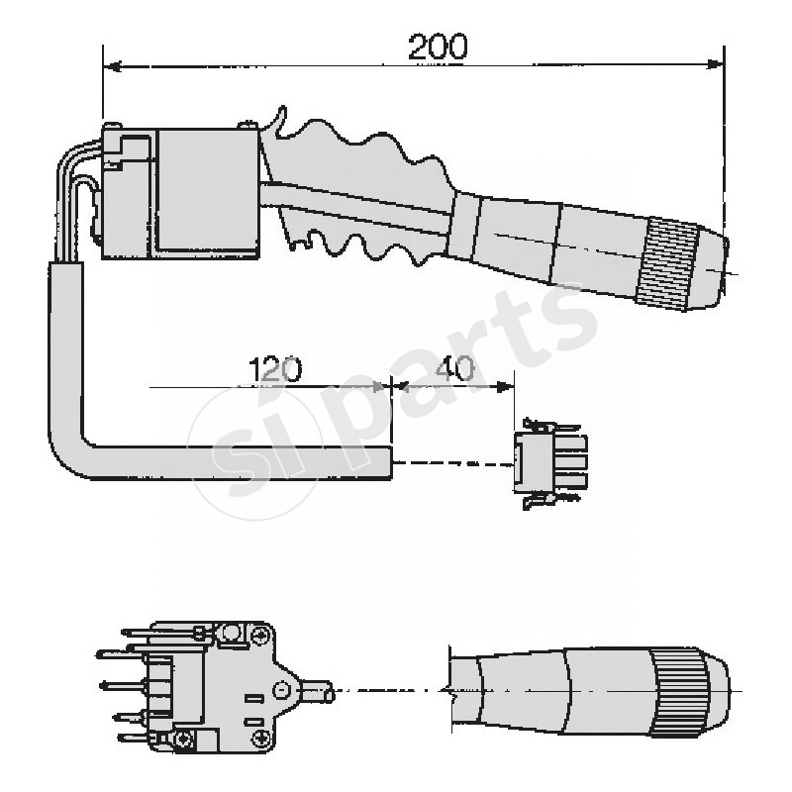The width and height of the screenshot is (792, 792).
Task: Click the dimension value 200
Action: [437, 46]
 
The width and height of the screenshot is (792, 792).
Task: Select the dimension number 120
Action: [274, 369]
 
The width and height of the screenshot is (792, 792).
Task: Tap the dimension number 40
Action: [454, 369]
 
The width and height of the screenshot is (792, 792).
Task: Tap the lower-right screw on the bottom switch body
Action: [260, 739]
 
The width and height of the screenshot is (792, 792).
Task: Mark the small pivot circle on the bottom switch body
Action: [282, 689]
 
